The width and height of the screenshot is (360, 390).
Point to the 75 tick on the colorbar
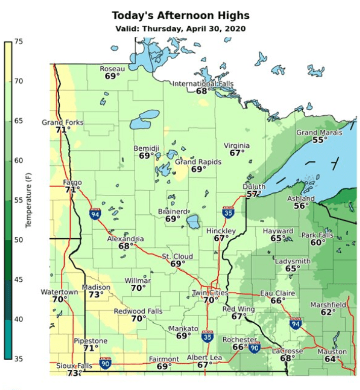(19, 42)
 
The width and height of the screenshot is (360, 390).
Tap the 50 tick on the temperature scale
(19, 240)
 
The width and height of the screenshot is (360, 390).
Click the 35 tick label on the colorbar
(19, 359)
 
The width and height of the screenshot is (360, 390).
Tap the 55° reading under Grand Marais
(319, 140)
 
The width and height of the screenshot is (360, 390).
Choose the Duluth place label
(254, 187)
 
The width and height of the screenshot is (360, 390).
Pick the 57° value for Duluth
(254, 194)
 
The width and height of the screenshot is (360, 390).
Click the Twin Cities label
(210, 293)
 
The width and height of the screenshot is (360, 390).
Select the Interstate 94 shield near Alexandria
(95, 214)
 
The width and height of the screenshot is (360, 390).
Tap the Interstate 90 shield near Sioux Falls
(105, 363)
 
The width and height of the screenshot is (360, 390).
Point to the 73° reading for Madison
(96, 294)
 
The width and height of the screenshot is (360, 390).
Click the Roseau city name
(112, 69)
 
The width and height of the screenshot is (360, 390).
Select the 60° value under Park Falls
(317, 243)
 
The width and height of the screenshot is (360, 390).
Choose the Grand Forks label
(62, 122)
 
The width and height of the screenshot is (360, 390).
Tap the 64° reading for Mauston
(332, 359)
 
